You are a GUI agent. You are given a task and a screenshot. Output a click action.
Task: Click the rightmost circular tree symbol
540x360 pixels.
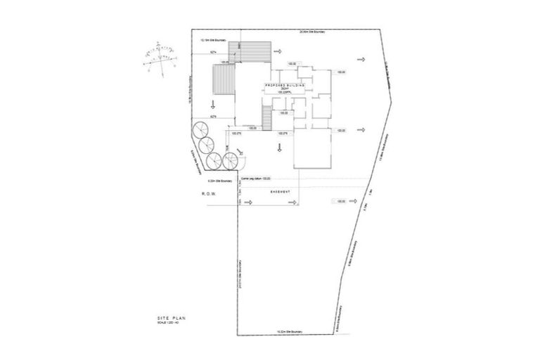[231, 160]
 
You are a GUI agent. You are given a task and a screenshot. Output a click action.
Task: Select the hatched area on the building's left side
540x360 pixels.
[223, 83]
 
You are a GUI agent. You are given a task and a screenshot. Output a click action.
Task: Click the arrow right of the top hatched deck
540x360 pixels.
[278, 51]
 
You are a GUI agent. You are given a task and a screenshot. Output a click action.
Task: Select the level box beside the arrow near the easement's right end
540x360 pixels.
[341, 202]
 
